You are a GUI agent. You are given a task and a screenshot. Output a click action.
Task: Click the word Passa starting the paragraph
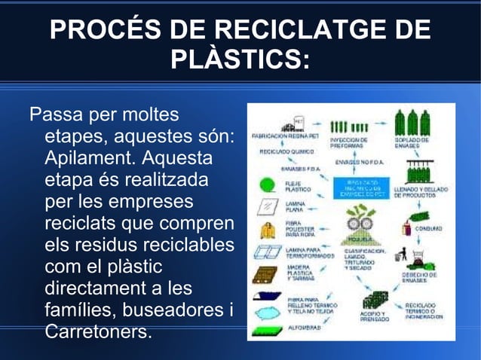[x=56, y=116]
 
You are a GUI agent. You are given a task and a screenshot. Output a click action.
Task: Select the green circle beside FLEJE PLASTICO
[x=266, y=185]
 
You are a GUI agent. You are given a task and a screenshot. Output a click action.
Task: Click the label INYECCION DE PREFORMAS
[x=349, y=142]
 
